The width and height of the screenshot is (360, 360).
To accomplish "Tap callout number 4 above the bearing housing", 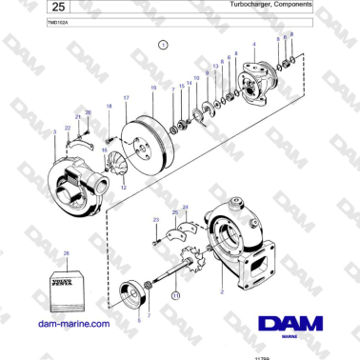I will (253, 45).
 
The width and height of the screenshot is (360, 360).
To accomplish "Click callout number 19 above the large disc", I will (152, 88).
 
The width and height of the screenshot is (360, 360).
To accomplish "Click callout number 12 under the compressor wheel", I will (122, 189).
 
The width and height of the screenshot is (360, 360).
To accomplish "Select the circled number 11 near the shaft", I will (175, 297).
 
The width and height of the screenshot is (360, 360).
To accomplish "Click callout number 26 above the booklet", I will (67, 253).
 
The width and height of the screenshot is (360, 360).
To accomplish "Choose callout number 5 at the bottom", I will (138, 322).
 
